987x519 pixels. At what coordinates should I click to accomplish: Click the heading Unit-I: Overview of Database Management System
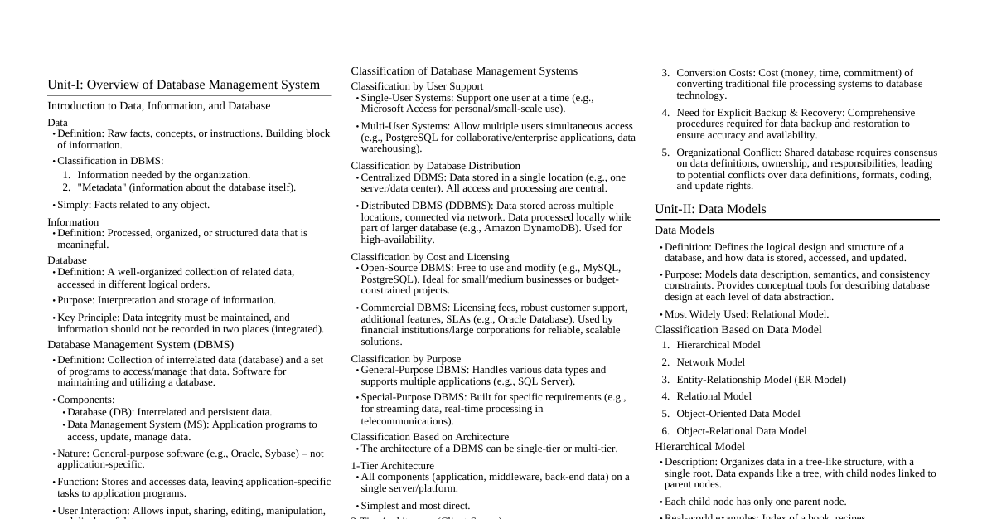[183, 85]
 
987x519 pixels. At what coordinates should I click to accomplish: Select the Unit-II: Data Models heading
[710, 209]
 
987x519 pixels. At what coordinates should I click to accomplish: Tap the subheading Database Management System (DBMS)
[140, 345]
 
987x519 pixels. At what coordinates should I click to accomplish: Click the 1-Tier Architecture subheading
[392, 466]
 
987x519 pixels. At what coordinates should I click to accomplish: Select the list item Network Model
[711, 362]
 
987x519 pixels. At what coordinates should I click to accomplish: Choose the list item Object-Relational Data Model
[741, 431]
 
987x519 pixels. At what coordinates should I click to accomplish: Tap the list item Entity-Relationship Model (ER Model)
[761, 380]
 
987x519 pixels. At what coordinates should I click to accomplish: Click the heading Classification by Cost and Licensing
[430, 257]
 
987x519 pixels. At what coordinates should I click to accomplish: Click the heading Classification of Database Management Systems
[464, 71]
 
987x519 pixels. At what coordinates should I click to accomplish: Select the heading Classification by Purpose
[405, 359]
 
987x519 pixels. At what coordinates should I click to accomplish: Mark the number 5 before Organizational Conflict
[665, 153]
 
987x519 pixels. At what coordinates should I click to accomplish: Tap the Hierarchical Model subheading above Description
[699, 447]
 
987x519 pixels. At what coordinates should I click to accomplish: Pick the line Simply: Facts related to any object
[133, 205]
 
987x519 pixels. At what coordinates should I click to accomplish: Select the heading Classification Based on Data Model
[738, 330]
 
